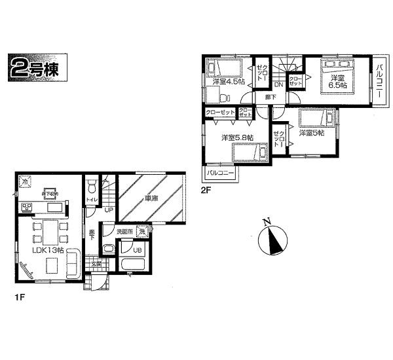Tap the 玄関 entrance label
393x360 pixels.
pos(96,263)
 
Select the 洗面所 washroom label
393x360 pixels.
pos(124,232)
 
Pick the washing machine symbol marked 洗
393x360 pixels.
pos(142,233)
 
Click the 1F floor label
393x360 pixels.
pos(21,297)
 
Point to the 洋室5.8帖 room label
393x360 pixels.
pos(238,137)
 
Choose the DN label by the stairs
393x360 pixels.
pos(278,84)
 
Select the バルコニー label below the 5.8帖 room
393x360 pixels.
pos(221,174)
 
